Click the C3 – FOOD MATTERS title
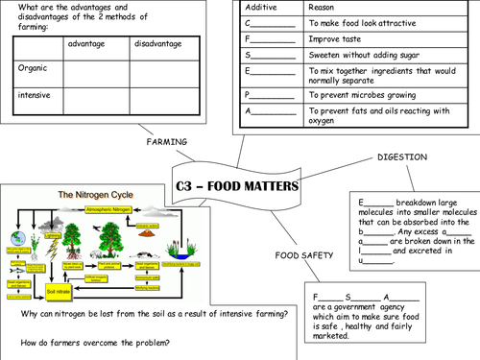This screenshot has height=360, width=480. (x=237, y=185)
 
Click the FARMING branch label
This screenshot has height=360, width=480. (x=166, y=142)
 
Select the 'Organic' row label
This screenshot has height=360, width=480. (x=33, y=68)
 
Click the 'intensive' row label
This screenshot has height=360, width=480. (x=35, y=95)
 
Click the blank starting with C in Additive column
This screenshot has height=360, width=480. (x=271, y=22)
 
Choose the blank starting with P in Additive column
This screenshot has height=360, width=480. (x=271, y=95)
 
